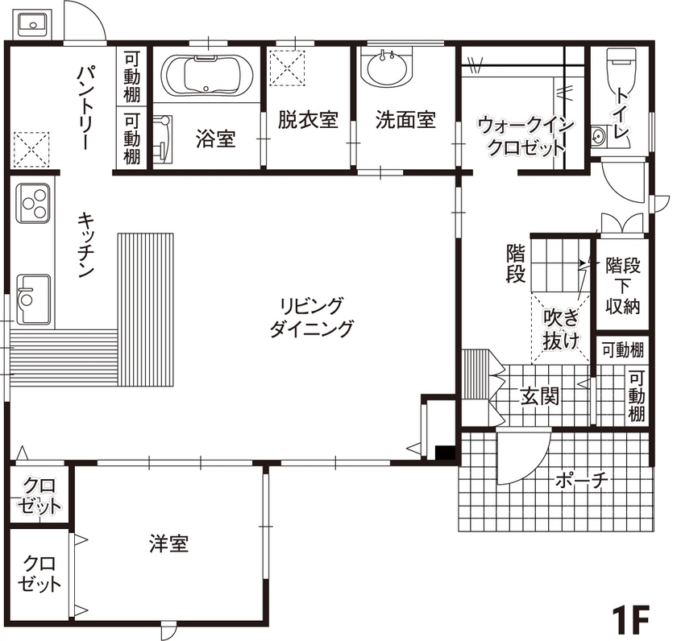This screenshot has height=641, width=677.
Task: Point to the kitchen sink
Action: tap(32, 298)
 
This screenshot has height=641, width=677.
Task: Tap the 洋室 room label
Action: tap(168, 544)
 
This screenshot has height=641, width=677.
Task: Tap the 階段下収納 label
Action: tap(623, 286)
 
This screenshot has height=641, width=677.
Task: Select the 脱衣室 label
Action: tap(307, 120)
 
